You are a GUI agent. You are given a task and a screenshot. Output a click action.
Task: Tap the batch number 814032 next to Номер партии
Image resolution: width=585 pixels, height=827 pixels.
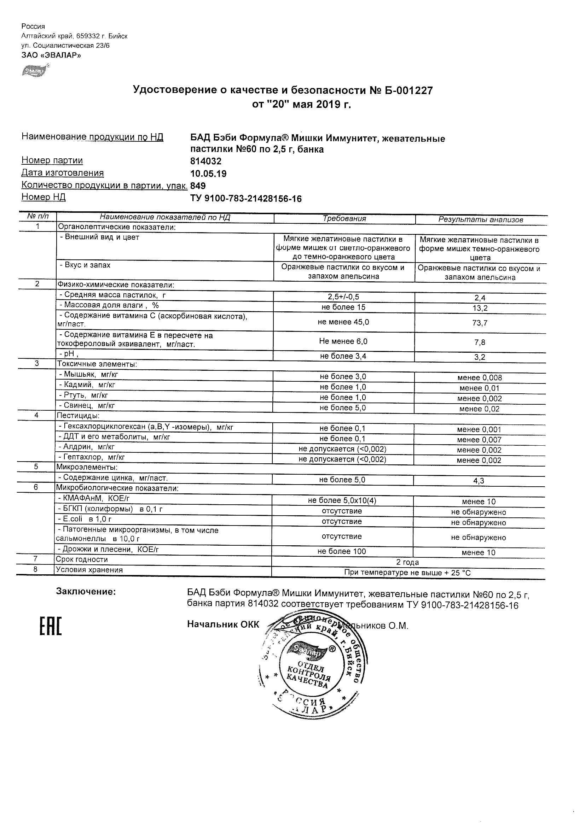[x=206, y=161]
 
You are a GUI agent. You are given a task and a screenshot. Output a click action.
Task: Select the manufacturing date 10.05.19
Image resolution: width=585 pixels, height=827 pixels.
[x=208, y=174]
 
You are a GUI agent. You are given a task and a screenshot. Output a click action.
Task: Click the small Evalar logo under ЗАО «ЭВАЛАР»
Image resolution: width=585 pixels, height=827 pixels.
[x=35, y=71]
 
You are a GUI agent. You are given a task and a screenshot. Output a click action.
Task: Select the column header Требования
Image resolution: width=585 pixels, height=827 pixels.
[x=344, y=219]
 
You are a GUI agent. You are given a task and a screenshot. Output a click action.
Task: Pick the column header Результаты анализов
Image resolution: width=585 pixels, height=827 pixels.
[x=480, y=219]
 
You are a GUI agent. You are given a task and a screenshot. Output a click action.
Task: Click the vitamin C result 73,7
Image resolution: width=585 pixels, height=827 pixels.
[x=480, y=323]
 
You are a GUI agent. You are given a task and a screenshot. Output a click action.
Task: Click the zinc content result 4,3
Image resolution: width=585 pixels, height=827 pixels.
[x=479, y=481]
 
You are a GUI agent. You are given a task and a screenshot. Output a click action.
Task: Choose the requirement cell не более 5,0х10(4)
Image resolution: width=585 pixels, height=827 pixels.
[x=342, y=500]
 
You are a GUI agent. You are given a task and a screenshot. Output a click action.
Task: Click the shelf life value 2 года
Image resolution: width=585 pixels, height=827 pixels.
[x=407, y=562]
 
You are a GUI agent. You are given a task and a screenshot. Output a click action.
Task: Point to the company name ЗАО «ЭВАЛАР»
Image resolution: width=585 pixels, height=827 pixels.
[x=51, y=55]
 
